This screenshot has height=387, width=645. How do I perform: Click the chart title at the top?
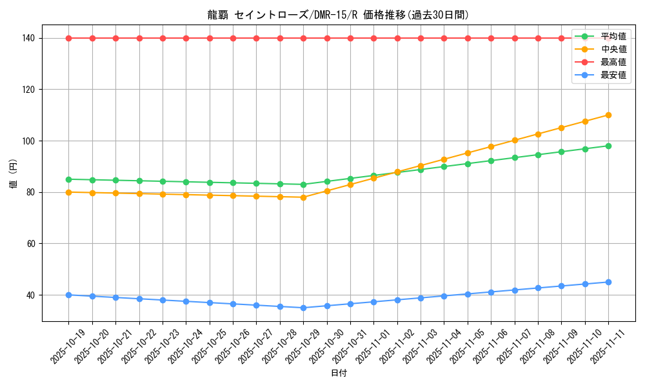pos(338,15)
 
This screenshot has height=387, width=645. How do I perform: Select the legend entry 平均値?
pos(613,36)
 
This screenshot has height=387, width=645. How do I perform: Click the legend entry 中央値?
pos(613,49)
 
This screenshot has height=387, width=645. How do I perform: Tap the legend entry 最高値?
pos(613,62)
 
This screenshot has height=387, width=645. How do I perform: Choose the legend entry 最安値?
pos(613,75)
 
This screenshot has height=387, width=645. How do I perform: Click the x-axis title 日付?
pos(338,373)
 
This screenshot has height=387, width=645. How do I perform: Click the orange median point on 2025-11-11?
pos(608,115)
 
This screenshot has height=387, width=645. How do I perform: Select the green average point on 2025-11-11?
pos(608,146)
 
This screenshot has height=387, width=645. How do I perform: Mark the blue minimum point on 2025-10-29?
pos(303,308)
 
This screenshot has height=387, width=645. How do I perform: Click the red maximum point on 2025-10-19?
pos(68,38)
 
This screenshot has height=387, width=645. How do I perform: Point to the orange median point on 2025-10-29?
pos(303,197)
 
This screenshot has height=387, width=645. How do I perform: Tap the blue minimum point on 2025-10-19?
pos(68,295)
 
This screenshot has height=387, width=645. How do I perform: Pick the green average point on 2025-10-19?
pos(68,179)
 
